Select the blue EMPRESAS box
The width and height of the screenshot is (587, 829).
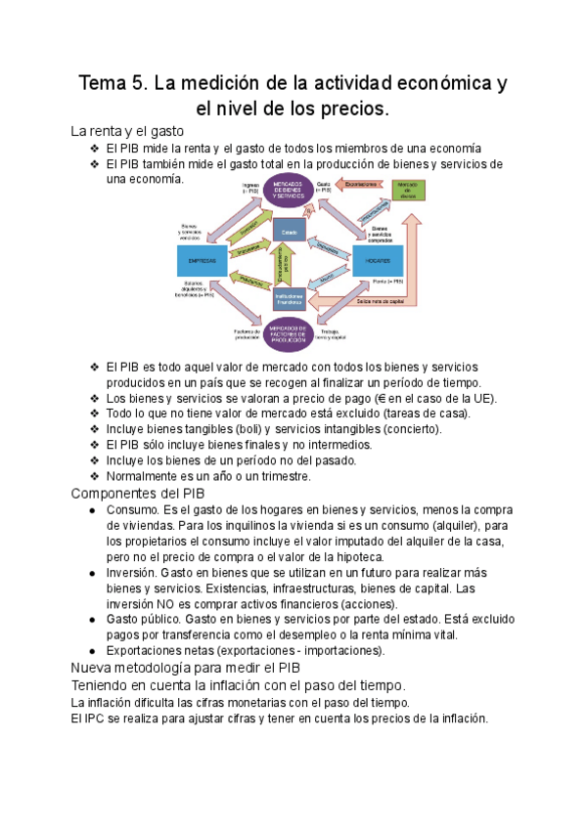coord(203,262)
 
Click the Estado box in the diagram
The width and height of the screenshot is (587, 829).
coord(288,232)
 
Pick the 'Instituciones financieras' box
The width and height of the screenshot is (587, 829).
coord(288,298)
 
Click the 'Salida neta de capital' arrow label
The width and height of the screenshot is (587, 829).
coord(382,302)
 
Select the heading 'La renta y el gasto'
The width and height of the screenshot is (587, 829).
coord(127,131)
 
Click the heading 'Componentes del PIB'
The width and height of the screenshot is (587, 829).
coord(138,493)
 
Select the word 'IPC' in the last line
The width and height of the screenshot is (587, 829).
coord(95,719)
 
